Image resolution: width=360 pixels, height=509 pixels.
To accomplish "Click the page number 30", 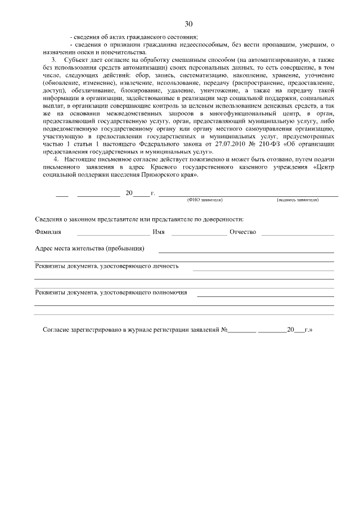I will pos(188,24).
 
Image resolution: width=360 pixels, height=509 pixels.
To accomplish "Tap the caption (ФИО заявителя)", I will pos(205,200).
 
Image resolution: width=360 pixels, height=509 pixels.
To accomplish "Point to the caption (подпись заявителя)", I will pos(298,200).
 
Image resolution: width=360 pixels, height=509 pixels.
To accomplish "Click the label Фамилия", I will pos(48,232).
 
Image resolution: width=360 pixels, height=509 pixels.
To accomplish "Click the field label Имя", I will pos(159,232).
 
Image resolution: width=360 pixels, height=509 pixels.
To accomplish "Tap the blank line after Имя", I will pos(199,233).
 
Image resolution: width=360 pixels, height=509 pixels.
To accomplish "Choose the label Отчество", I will pos(243,232).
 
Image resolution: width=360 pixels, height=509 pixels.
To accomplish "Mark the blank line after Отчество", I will pos(298,233).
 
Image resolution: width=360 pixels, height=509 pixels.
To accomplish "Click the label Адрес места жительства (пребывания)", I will pos(90,249).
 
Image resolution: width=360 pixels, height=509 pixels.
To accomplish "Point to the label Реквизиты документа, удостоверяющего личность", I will pos(107,266).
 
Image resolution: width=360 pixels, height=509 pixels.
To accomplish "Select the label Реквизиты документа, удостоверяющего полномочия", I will pos(111,292).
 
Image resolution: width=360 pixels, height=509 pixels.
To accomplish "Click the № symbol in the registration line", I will pos(224,330).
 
